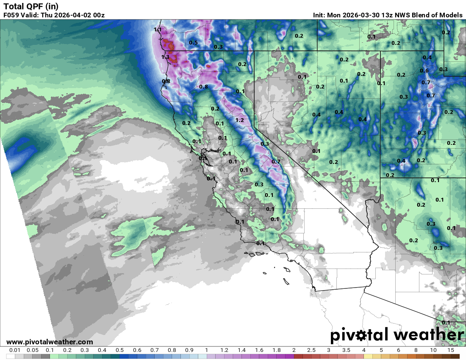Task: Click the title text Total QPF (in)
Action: coord(31,6)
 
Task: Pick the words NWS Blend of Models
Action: coord(433,15)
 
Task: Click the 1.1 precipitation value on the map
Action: coord(158,30)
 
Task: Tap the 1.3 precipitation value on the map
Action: coord(165,57)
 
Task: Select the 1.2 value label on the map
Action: coord(239,120)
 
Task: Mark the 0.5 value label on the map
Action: coord(194,43)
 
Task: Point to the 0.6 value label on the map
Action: coord(424,71)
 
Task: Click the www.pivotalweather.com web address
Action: coord(50,342)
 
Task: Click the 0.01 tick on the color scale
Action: coord(15,350)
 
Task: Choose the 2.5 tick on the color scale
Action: coord(311,350)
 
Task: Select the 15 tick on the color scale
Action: coord(450,350)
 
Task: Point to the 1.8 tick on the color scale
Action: coord(276,350)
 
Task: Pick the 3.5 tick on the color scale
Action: coord(346,350)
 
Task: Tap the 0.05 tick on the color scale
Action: coord(33,350)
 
